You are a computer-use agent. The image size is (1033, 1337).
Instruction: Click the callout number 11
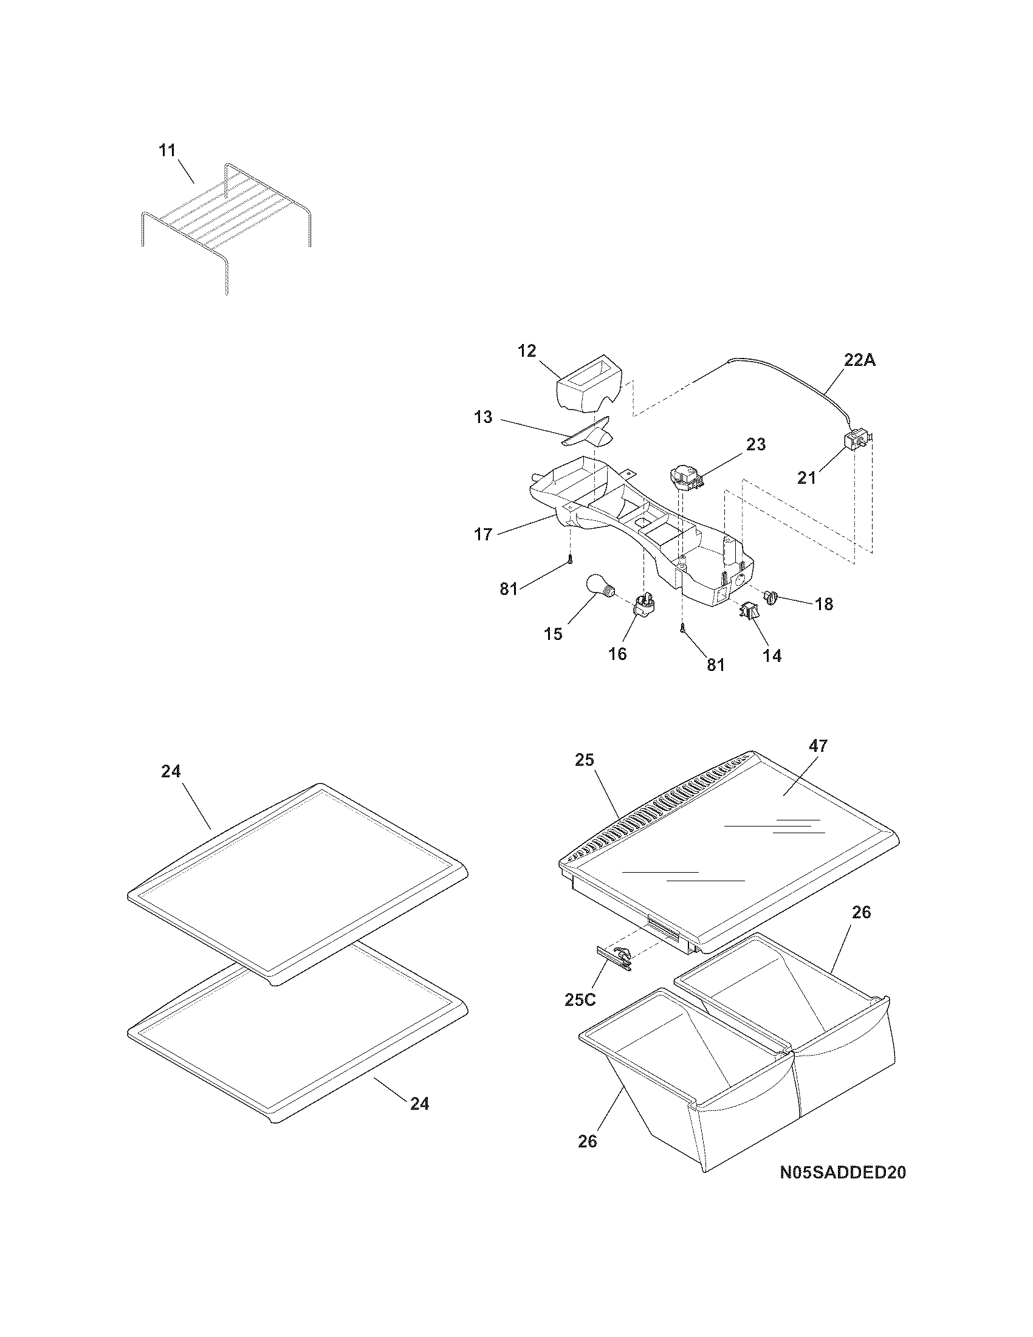167,151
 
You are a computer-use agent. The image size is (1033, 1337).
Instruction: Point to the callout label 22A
860,360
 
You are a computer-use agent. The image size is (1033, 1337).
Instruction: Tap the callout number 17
483,534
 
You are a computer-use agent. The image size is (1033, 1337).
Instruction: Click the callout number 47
819,746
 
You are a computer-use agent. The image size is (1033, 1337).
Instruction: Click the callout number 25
585,760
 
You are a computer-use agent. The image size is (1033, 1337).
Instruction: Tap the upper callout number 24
171,772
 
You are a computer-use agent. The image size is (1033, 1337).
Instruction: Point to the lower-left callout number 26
587,1141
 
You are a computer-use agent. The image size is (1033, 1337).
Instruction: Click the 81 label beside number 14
716,665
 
